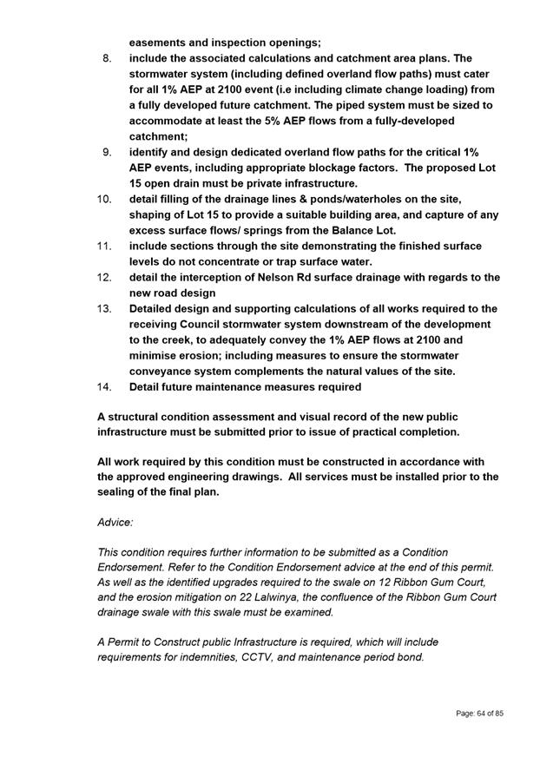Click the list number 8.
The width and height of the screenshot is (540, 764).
[107, 58]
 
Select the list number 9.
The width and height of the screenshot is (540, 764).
[107, 152]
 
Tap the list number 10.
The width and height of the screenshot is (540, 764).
[104, 199]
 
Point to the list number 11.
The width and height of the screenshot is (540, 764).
[104, 246]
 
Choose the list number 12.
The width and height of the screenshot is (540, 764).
[104, 277]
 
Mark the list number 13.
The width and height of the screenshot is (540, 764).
[104, 308]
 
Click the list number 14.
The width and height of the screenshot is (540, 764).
[104, 386]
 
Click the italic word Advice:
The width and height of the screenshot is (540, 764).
[115, 523]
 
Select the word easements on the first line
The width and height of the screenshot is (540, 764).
[161, 43]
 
